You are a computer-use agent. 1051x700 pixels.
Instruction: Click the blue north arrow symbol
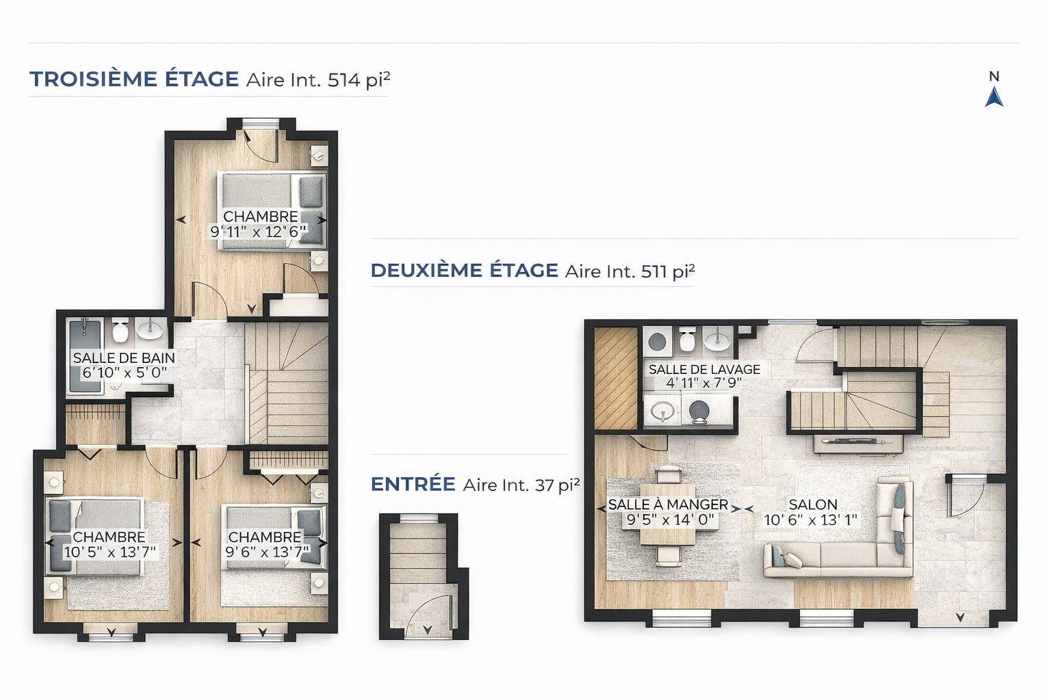[994, 97]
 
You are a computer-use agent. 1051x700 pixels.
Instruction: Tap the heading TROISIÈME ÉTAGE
[134, 79]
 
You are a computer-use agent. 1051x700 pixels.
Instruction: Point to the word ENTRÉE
[413, 484]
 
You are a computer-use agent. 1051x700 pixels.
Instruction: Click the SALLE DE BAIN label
[124, 358]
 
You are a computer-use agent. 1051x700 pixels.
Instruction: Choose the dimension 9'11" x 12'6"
[258, 232]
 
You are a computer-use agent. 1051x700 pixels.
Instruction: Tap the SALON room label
[813, 504]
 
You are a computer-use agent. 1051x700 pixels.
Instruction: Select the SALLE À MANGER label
[668, 504]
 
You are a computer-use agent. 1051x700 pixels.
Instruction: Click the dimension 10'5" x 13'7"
[109, 552]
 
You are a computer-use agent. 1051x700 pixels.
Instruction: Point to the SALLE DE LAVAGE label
[704, 369]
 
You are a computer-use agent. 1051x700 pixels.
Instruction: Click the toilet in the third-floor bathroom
[120, 330]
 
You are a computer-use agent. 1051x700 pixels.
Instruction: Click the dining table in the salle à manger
[668, 514]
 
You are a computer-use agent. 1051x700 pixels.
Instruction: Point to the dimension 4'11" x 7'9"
[704, 383]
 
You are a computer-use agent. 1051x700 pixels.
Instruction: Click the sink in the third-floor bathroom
[149, 329]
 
